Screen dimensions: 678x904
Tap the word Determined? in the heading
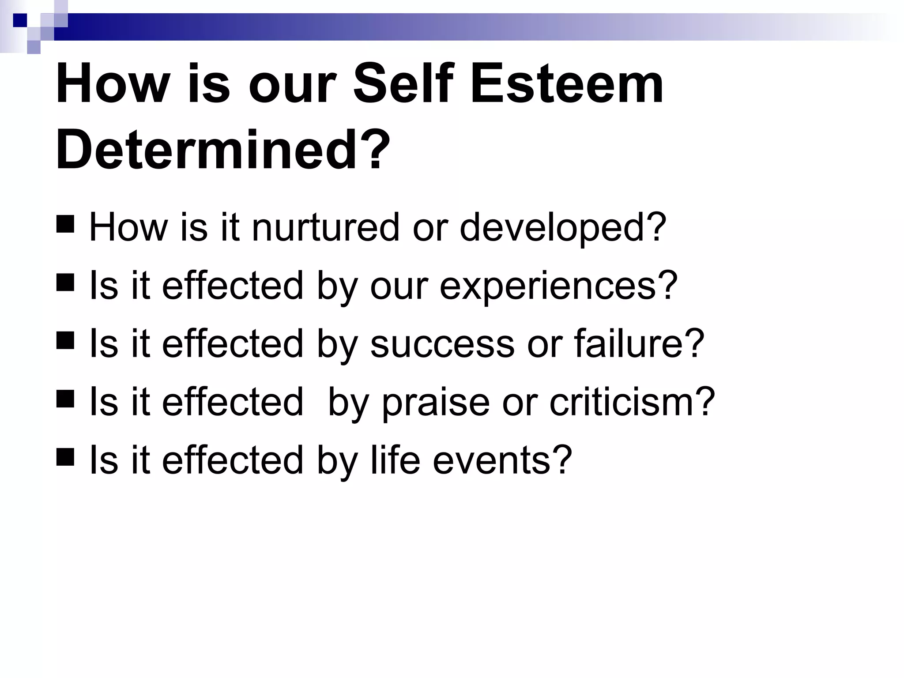(x=223, y=149)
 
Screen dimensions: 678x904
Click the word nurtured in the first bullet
(x=325, y=227)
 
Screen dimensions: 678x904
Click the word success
(x=442, y=344)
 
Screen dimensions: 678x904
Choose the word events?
(x=502, y=460)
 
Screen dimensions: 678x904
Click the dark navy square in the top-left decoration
(x=20, y=20)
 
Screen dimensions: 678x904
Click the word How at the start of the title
(x=113, y=84)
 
